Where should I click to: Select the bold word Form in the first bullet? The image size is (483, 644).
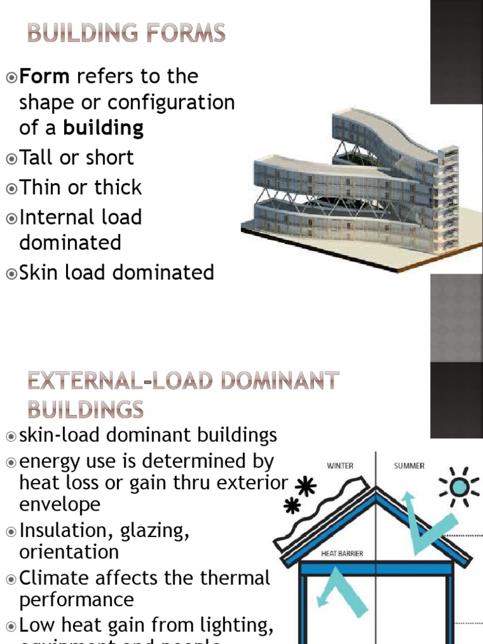43,77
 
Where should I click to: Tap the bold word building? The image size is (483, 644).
103,128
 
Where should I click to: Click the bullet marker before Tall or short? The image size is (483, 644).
11,158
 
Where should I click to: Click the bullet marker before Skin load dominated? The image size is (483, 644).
11,273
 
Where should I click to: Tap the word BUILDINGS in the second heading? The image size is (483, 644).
86,410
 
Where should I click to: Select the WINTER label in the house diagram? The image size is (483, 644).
340,466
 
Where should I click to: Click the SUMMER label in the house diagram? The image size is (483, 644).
409,466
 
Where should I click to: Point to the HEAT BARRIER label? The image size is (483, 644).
342,554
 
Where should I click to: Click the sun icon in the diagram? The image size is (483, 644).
459,487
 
